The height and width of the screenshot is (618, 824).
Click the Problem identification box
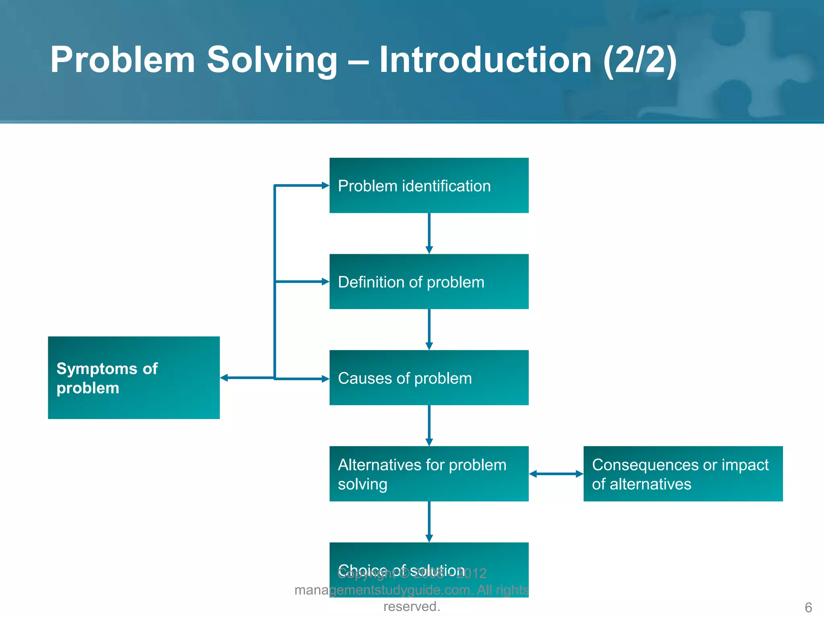429,185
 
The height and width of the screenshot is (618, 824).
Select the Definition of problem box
429,282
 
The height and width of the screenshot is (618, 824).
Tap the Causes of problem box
429,378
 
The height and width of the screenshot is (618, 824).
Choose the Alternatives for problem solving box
429,474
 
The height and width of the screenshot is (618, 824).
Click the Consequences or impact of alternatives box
683,474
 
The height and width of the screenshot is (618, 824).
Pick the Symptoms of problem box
134,378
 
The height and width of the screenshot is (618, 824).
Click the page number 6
808,607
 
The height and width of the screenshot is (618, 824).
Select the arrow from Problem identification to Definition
429,233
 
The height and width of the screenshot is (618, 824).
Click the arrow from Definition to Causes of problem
429,330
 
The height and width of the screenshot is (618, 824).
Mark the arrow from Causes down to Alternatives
429,426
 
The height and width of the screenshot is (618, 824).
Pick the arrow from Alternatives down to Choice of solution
429,522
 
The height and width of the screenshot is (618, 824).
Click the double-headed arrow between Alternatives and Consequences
556,474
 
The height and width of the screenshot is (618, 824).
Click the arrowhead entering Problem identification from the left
325,185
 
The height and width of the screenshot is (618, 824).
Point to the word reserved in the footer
411,606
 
